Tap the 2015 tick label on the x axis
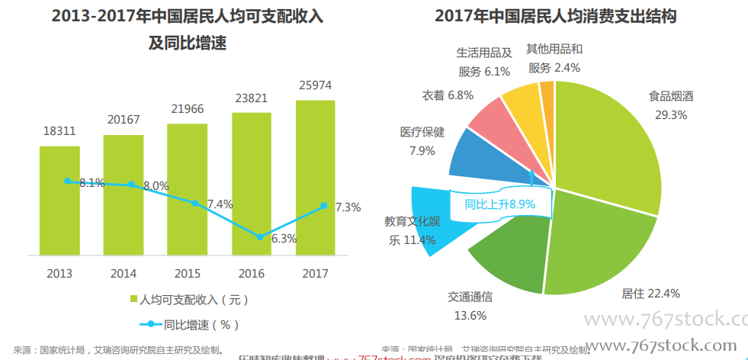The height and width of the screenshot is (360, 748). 188,273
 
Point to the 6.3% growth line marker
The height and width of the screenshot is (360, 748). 260,236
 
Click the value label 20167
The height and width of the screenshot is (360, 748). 124,120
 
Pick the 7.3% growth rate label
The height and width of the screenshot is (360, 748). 348,207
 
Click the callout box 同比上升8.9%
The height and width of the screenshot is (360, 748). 500,204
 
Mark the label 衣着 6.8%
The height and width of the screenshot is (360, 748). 448,95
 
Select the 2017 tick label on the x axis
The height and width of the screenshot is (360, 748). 316,273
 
